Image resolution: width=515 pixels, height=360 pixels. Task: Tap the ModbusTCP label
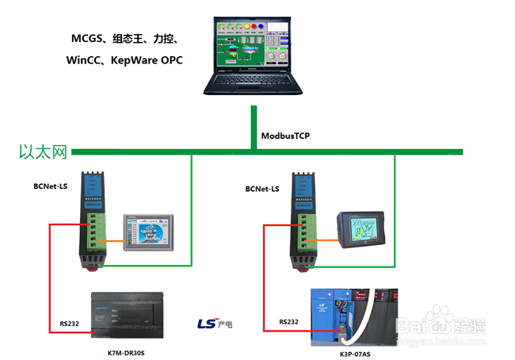[285, 136]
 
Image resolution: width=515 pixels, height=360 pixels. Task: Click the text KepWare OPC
[146, 59]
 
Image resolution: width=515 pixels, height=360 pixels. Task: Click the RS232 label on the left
[70, 324]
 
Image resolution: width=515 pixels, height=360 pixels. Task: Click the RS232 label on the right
[288, 322]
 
